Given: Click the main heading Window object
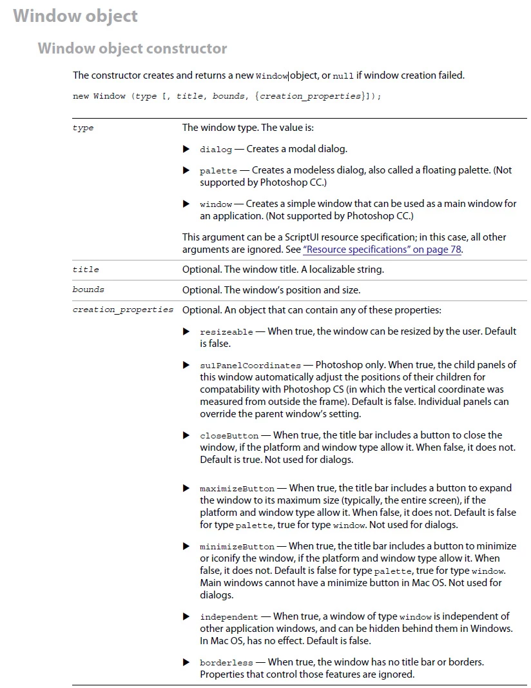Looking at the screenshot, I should click(x=75, y=16).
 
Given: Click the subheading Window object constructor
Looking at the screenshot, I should click(x=132, y=48).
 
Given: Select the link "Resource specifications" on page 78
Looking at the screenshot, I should click(x=382, y=250).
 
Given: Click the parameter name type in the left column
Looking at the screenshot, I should click(x=83, y=128).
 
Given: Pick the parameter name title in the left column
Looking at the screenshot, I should click(x=86, y=270).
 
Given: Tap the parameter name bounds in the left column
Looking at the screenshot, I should click(x=88, y=290).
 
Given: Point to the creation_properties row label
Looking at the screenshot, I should click(x=123, y=310).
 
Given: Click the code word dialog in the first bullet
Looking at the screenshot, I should click(x=216, y=150).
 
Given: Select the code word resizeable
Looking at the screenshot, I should click(x=226, y=332).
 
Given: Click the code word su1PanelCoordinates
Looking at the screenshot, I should click(x=250, y=366).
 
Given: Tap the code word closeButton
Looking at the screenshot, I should click(x=229, y=436).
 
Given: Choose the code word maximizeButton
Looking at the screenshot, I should click(x=237, y=489).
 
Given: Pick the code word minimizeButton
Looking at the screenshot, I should click(x=237, y=547).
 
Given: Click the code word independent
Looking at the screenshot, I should click(x=229, y=617).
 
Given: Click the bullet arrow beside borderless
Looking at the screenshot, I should click(x=186, y=662).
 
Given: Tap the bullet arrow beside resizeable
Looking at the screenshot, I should click(x=186, y=331).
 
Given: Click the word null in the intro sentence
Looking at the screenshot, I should click(x=343, y=76).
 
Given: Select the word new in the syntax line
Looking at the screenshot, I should click(x=81, y=97).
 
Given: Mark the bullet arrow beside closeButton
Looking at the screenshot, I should click(x=186, y=435).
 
